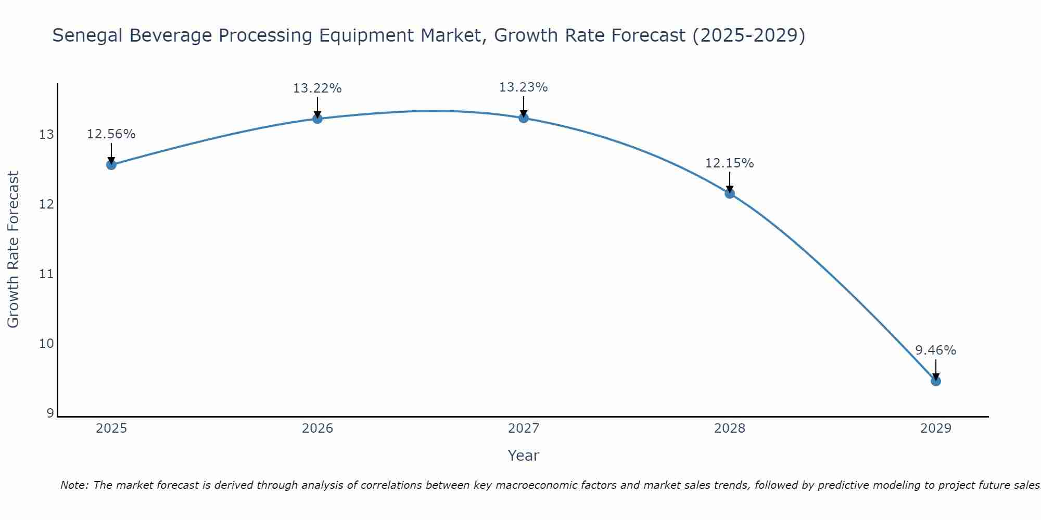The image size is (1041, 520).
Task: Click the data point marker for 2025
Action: pyautogui.click(x=111, y=165)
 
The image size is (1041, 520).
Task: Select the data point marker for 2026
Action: pyautogui.click(x=318, y=119)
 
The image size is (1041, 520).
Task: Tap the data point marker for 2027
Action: pyautogui.click(x=524, y=118)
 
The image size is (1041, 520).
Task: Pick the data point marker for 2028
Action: pyautogui.click(x=730, y=193)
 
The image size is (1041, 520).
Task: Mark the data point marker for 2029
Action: pyautogui.click(x=936, y=381)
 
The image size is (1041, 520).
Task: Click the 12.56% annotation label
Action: pyautogui.click(x=111, y=134)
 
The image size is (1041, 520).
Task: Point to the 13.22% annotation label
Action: pyautogui.click(x=318, y=88)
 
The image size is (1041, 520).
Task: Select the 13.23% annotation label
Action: pyautogui.click(x=524, y=87)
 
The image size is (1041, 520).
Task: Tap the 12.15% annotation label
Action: pyautogui.click(x=730, y=163)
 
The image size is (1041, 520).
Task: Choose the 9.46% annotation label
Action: pyautogui.click(x=936, y=350)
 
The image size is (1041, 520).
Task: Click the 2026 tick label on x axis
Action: pyautogui.click(x=318, y=428)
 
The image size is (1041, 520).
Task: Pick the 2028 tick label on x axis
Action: pyautogui.click(x=730, y=428)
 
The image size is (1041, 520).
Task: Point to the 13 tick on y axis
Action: pyautogui.click(x=47, y=135)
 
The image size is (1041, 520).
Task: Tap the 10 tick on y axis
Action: pyautogui.click(x=47, y=344)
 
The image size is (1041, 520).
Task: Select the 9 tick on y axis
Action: pyautogui.click(x=50, y=413)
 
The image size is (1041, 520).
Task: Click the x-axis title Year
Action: pyautogui.click(x=524, y=456)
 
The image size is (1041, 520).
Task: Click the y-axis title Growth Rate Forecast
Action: pyautogui.click(x=14, y=250)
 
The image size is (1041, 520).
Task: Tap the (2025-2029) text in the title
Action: pyautogui.click(x=749, y=36)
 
